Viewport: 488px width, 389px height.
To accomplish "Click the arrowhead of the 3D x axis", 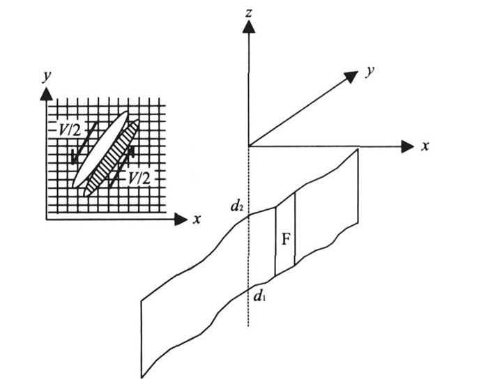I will click(x=407, y=146).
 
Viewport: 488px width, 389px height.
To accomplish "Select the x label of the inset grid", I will click(x=197, y=219).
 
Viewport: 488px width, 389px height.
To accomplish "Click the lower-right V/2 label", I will click(x=137, y=178).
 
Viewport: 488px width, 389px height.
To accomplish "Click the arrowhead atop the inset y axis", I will click(x=47, y=93).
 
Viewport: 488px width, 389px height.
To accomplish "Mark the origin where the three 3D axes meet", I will click(x=249, y=146).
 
